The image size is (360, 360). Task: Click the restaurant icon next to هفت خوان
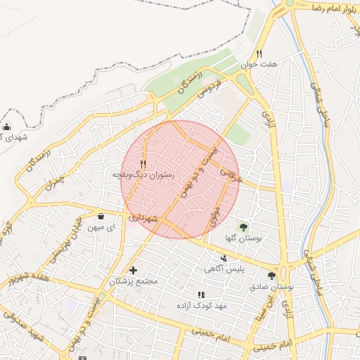click(259, 53)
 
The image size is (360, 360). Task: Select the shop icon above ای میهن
click(101, 217)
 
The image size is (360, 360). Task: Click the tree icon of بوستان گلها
click(243, 227)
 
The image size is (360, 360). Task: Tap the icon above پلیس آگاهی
click(224, 259)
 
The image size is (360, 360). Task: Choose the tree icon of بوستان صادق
click(272, 276)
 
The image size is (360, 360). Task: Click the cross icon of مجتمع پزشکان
click(133, 270)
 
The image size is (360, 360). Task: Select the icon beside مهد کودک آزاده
click(201, 295)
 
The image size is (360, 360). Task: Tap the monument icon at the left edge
click(7, 127)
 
